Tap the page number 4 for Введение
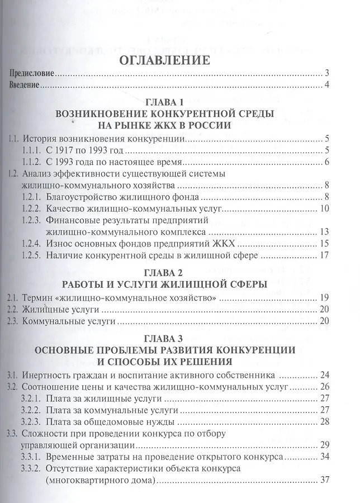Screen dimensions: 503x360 point(328,84)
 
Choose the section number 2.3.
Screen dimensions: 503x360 point(12,322)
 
